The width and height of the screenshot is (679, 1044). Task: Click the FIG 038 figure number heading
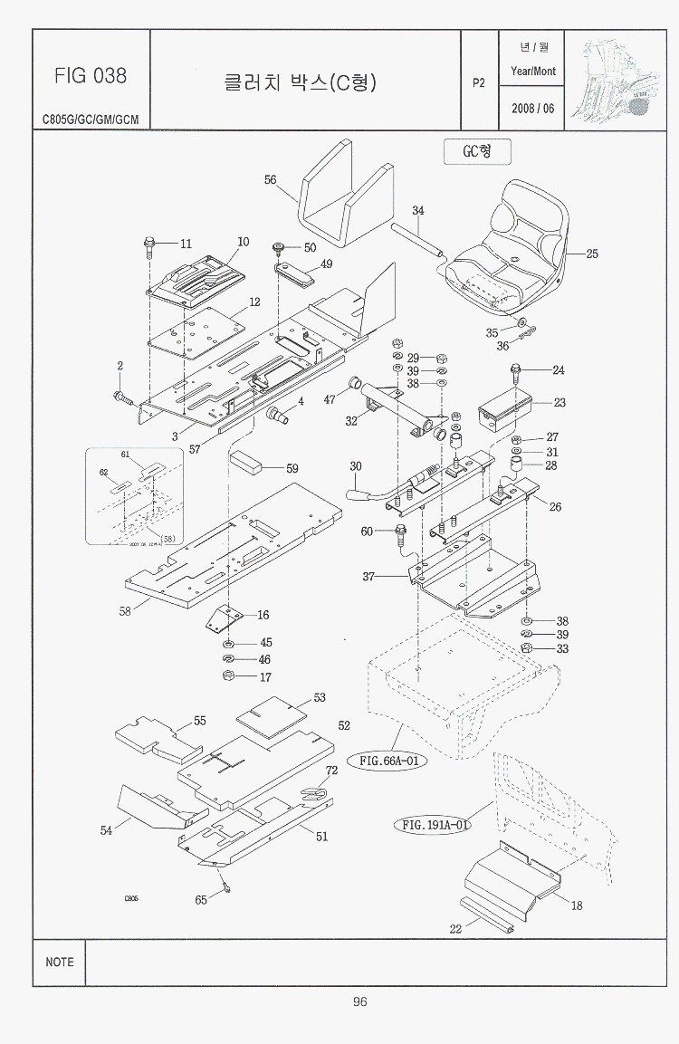pyautogui.click(x=91, y=76)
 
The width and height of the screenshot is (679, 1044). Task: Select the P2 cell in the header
pyautogui.click(x=479, y=82)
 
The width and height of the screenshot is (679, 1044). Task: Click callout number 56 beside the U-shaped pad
pyautogui.click(x=270, y=180)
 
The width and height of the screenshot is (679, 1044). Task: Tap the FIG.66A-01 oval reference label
pyautogui.click(x=387, y=761)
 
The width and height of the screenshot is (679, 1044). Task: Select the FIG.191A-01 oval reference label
pyautogui.click(x=435, y=825)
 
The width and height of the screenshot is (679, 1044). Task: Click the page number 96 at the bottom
pyautogui.click(x=359, y=1001)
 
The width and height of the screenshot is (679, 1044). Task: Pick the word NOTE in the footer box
pyautogui.click(x=60, y=962)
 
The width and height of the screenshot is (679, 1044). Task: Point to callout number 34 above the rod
pyautogui.click(x=417, y=211)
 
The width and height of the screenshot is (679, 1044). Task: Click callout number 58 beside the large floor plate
pyautogui.click(x=125, y=611)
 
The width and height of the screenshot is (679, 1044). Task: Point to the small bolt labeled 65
pyautogui.click(x=225, y=888)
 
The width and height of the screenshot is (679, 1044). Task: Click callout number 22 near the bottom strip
pyautogui.click(x=455, y=928)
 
